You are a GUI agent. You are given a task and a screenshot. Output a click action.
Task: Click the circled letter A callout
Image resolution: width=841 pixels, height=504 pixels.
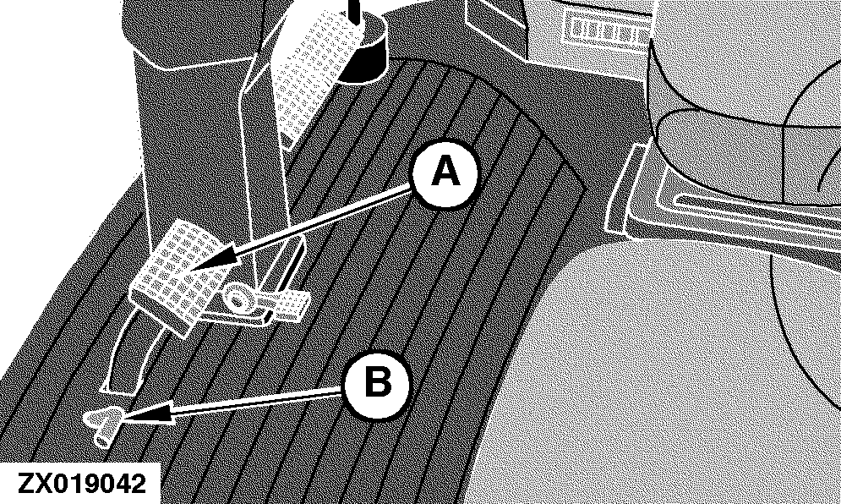point(444,173)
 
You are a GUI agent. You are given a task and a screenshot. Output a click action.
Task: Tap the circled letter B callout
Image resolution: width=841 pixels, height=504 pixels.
point(376,384)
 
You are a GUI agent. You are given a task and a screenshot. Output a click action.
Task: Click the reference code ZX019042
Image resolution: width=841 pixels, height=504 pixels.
point(81,483)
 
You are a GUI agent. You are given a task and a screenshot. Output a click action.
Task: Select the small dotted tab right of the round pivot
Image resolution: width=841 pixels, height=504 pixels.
point(284,305)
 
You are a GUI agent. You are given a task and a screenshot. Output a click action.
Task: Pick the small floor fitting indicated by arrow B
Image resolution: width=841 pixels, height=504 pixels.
point(106,424)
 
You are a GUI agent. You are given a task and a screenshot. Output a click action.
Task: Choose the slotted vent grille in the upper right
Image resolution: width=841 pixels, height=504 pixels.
point(606,31)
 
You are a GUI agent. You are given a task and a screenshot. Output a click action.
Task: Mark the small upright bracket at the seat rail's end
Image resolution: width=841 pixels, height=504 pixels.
point(622,188)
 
